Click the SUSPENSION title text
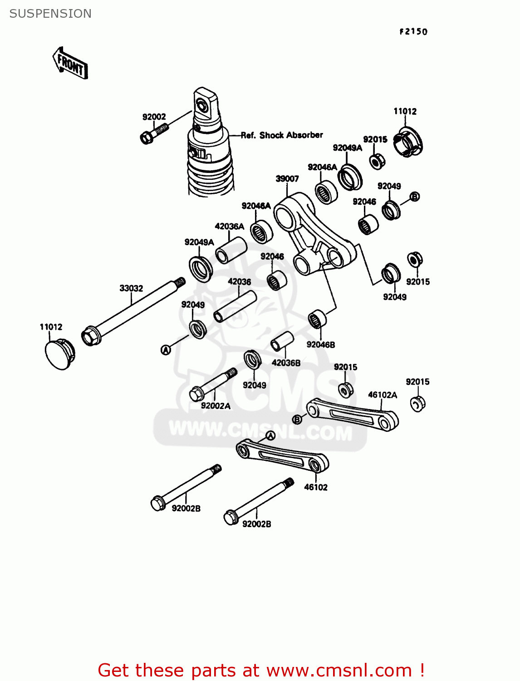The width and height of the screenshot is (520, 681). (x=50, y=14)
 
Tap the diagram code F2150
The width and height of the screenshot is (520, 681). (x=413, y=31)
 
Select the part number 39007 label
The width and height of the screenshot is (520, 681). (x=287, y=179)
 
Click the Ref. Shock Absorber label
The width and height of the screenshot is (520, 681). (x=282, y=135)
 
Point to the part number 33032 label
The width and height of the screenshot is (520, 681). (x=131, y=288)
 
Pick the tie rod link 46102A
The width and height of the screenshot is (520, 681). (x=352, y=414)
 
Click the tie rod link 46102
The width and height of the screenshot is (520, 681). (x=282, y=456)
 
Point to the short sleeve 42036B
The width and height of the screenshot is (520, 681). (x=282, y=341)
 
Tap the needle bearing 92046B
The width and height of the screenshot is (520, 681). (x=318, y=319)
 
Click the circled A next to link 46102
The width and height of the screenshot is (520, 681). (x=270, y=436)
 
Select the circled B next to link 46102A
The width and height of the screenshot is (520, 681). (x=297, y=419)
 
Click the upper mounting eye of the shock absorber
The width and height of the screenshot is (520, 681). (x=203, y=105)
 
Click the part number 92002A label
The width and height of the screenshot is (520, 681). (x=216, y=406)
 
